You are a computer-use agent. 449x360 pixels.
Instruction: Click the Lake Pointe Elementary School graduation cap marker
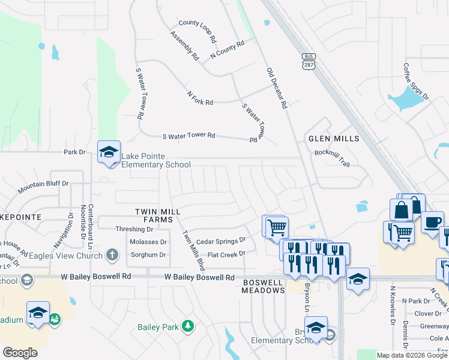[x=109, y=152]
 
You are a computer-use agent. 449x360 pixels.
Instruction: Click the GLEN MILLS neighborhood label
[x=334, y=139]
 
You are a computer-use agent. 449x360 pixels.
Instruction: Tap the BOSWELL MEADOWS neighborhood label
[x=263, y=286]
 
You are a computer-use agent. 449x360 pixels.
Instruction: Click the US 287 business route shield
[x=307, y=61]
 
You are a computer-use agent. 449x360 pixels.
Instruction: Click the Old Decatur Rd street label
[x=277, y=88]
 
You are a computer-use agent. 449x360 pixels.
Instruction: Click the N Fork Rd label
[x=200, y=98]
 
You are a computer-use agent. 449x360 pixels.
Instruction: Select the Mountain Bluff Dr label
[x=43, y=187]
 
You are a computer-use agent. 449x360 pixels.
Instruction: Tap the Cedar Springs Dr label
[x=221, y=241]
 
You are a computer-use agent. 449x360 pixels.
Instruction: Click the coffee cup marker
[x=432, y=221]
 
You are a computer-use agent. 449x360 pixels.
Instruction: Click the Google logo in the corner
[x=20, y=353]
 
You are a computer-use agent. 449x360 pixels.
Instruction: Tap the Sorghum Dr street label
[x=148, y=255]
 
